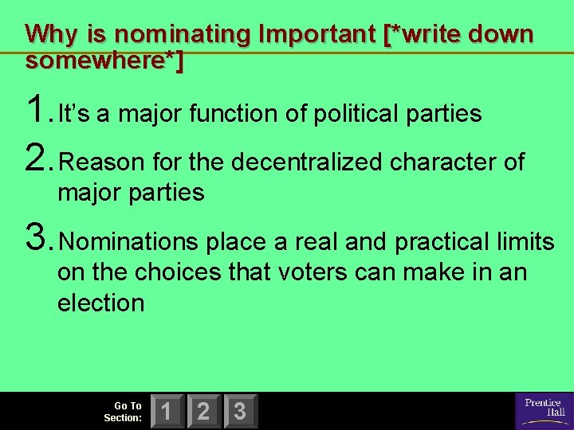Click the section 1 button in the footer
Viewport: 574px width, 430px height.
(167, 411)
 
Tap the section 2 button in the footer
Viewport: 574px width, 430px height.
(203, 411)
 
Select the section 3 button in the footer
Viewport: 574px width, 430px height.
(240, 411)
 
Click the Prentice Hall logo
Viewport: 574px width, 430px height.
(544, 410)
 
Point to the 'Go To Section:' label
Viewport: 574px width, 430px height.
(124, 412)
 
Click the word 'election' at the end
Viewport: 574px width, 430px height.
(100, 303)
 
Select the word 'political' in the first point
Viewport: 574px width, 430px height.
(352, 115)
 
